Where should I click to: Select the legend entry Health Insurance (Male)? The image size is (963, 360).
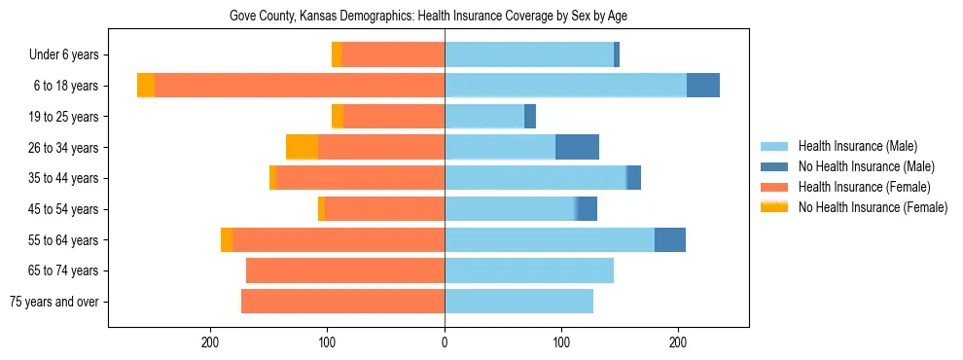tap(857, 146)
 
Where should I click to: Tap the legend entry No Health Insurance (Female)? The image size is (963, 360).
tap(872, 207)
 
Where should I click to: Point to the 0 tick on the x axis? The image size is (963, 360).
tap(445, 342)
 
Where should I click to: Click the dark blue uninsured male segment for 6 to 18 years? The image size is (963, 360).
tap(703, 86)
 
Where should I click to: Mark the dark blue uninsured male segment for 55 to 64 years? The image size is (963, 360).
tap(670, 239)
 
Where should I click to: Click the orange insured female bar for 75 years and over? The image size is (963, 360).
tap(342, 302)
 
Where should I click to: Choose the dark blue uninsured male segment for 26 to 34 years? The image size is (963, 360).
tap(577, 147)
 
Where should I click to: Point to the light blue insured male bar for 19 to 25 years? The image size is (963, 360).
tap(484, 117)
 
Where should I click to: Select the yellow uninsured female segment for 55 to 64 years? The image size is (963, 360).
tap(227, 239)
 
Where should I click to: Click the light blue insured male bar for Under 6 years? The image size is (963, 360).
tap(529, 55)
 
